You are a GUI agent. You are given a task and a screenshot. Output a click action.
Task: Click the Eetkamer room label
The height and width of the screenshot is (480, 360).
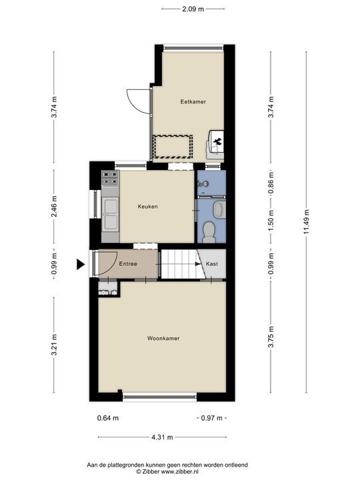[193, 101]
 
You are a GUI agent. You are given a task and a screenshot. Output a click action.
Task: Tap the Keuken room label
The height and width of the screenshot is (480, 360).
[147, 207]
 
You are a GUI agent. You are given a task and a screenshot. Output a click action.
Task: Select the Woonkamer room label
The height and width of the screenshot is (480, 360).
[163, 338]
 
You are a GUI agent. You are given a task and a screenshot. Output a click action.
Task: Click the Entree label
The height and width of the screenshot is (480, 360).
[128, 263]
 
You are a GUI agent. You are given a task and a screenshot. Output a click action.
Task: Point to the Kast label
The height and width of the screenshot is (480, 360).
[212, 263]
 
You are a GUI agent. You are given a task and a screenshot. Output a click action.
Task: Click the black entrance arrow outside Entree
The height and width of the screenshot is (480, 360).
[81, 264]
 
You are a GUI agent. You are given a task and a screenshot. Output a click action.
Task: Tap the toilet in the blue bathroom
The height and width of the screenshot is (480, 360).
[209, 231]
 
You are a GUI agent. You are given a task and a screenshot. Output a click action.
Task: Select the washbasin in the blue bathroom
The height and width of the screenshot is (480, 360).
[219, 210]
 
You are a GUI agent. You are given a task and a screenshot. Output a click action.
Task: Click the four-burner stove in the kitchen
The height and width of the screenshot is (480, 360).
[110, 179]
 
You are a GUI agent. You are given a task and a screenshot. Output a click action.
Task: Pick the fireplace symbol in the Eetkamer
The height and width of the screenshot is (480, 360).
[217, 141]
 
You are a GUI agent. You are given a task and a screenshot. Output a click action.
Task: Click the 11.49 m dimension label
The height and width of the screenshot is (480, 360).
[307, 222]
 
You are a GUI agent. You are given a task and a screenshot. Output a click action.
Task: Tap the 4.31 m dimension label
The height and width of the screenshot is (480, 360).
[162, 437]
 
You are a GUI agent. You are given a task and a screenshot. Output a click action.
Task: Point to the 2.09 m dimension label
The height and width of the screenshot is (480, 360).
[193, 9]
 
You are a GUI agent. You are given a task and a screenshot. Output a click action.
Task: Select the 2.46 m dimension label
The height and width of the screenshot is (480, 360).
[54, 206]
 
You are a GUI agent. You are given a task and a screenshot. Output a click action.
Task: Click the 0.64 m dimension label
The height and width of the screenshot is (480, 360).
[108, 418]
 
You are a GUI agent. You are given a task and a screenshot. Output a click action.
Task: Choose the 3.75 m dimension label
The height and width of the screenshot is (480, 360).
[271, 337]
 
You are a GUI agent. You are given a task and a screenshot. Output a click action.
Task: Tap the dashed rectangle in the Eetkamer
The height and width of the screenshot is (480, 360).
[173, 147]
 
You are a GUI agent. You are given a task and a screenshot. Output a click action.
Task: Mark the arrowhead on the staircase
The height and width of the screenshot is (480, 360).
[198, 263]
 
